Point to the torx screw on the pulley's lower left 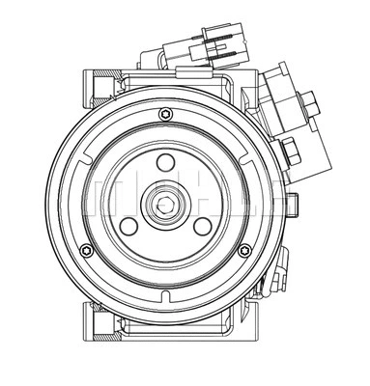tap(85, 253)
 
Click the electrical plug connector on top tap(196, 47)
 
